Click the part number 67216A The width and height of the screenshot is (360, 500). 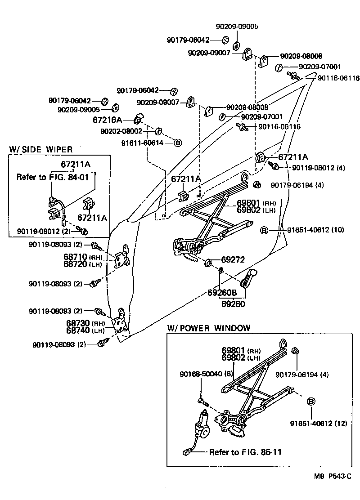point(107,120)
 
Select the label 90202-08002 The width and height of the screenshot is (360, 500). point(121,131)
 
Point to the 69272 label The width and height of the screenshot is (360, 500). point(233,260)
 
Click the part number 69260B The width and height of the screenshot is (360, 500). point(222,293)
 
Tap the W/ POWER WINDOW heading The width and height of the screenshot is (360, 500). point(208,328)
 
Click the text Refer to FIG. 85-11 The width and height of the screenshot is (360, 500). point(245,452)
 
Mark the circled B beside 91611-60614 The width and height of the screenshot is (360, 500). point(177,143)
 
